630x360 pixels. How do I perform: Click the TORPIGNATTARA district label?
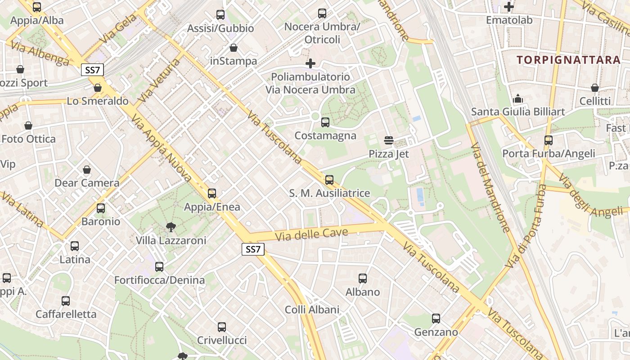tap(568, 60)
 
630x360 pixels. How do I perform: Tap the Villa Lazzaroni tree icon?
tap(171, 227)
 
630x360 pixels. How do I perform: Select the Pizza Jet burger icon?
tap(389, 140)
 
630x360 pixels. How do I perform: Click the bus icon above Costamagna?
tap(325, 122)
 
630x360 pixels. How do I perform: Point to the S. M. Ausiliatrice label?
tap(329, 193)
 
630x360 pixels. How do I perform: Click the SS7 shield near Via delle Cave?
tap(253, 249)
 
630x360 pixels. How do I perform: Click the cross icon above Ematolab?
tap(509, 7)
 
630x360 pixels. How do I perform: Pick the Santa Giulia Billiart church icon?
tap(518, 98)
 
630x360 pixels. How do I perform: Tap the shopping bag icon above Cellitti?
tap(595, 88)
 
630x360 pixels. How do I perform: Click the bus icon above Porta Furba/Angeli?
tap(548, 140)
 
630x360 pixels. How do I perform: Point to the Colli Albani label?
tap(312, 310)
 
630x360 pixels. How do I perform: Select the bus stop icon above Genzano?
tap(436, 319)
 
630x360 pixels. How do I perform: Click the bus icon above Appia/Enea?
tap(212, 193)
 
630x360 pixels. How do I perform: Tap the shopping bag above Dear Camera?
tap(87, 170)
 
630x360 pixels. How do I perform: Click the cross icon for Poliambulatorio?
tap(310, 63)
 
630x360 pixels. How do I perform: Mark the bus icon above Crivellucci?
tap(221, 327)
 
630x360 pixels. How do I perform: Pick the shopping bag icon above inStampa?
tap(234, 47)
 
